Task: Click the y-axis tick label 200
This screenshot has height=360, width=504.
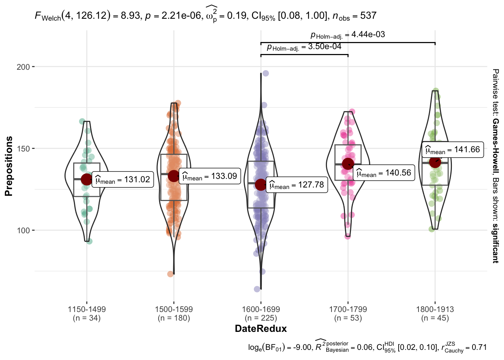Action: [23, 67]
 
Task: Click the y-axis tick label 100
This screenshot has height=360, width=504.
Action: [23, 230]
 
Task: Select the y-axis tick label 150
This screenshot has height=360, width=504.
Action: [23, 148]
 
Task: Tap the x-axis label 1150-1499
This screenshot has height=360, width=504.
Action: [87, 309]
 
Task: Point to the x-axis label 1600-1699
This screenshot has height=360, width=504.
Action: [261, 309]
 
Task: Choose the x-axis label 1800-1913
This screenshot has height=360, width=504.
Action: [435, 309]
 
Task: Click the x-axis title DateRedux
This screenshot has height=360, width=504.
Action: [261, 329]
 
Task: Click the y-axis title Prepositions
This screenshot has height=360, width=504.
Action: [9, 166]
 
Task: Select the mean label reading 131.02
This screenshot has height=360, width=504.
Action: [123, 180]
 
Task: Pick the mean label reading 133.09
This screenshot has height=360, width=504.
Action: [210, 176]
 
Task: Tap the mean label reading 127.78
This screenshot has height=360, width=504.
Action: [297, 185]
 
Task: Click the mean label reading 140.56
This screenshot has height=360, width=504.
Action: [384, 173]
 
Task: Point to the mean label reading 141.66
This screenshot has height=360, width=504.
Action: [453, 150]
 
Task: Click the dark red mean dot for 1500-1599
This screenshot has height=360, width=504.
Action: [174, 176]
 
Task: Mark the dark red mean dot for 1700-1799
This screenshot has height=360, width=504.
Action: [348, 164]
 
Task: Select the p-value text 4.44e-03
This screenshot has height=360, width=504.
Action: [348, 34]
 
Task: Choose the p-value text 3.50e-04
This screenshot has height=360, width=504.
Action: [304, 47]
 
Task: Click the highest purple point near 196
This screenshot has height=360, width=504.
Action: [265, 73]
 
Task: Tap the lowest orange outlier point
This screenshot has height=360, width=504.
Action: [171, 274]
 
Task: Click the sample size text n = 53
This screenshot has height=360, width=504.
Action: [348, 318]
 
